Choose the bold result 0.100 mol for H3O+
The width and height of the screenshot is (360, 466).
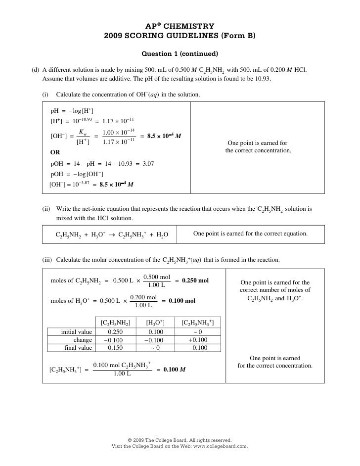(x=182, y=300)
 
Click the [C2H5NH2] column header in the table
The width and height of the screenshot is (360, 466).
(x=115, y=323)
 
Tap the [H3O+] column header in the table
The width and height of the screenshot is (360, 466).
(x=155, y=323)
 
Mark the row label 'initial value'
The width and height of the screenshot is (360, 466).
(x=76, y=332)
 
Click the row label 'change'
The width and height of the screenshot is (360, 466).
(x=83, y=340)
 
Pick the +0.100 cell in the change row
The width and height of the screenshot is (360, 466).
(x=198, y=340)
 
